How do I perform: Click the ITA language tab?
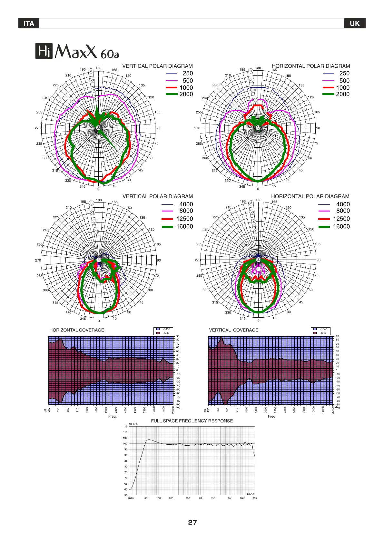tap(29, 24)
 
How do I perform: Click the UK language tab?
tap(355, 24)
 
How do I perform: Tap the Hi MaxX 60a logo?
tap(77, 51)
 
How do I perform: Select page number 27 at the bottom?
tap(192, 522)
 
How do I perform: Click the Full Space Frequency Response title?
tap(192, 421)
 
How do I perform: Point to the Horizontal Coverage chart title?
tap(77, 330)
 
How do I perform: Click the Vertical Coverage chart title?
tap(234, 330)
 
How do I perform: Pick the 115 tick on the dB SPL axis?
tap(125, 427)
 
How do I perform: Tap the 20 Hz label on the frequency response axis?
tap(131, 498)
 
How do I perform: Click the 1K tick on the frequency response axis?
tap(200, 498)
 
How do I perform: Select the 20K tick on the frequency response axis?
tap(255, 498)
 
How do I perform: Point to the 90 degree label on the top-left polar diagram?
tap(159, 128)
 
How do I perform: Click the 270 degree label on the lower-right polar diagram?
tap(197, 260)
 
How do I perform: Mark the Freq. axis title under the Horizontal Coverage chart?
tap(112, 416)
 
